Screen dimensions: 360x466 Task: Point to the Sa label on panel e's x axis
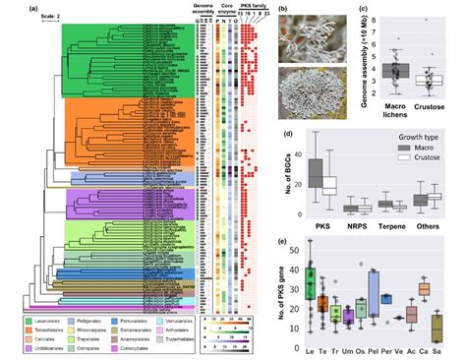pyautogui.click(x=450, y=349)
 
